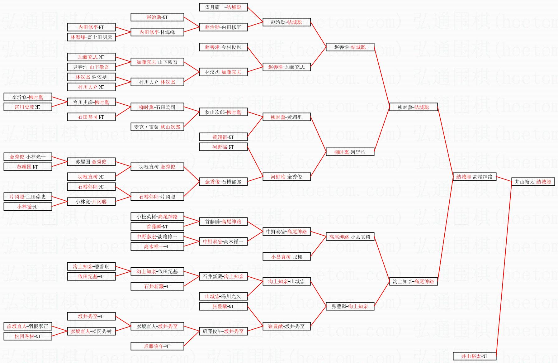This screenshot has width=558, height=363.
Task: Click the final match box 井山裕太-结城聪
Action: (533, 182)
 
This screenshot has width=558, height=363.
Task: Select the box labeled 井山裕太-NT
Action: (474, 356)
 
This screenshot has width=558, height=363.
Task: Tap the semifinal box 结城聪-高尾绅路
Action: (474, 177)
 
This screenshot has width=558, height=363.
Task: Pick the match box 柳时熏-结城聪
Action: (413, 107)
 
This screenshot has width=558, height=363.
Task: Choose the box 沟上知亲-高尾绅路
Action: (413, 281)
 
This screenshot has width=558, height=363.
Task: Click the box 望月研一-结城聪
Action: (223, 7)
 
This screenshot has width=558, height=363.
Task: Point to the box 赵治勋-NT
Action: (157, 17)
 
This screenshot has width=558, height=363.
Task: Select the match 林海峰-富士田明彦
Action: (91, 37)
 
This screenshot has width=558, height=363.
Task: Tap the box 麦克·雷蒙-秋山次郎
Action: (157, 127)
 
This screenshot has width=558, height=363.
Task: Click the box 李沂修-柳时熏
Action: (28, 97)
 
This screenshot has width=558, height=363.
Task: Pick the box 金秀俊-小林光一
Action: (28, 157)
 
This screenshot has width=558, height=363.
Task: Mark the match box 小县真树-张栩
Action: (286, 257)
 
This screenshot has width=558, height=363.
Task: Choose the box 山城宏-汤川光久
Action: (223, 296)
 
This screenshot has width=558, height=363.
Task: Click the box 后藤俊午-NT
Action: (157, 346)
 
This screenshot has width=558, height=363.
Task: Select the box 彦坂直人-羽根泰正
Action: (28, 326)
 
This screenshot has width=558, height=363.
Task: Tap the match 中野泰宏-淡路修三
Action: (157, 236)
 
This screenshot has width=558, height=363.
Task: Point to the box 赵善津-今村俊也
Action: (223, 47)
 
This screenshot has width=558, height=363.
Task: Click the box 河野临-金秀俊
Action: (286, 177)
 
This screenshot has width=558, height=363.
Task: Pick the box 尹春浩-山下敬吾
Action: (91, 67)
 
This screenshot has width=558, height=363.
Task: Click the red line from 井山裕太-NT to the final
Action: (504, 269)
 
